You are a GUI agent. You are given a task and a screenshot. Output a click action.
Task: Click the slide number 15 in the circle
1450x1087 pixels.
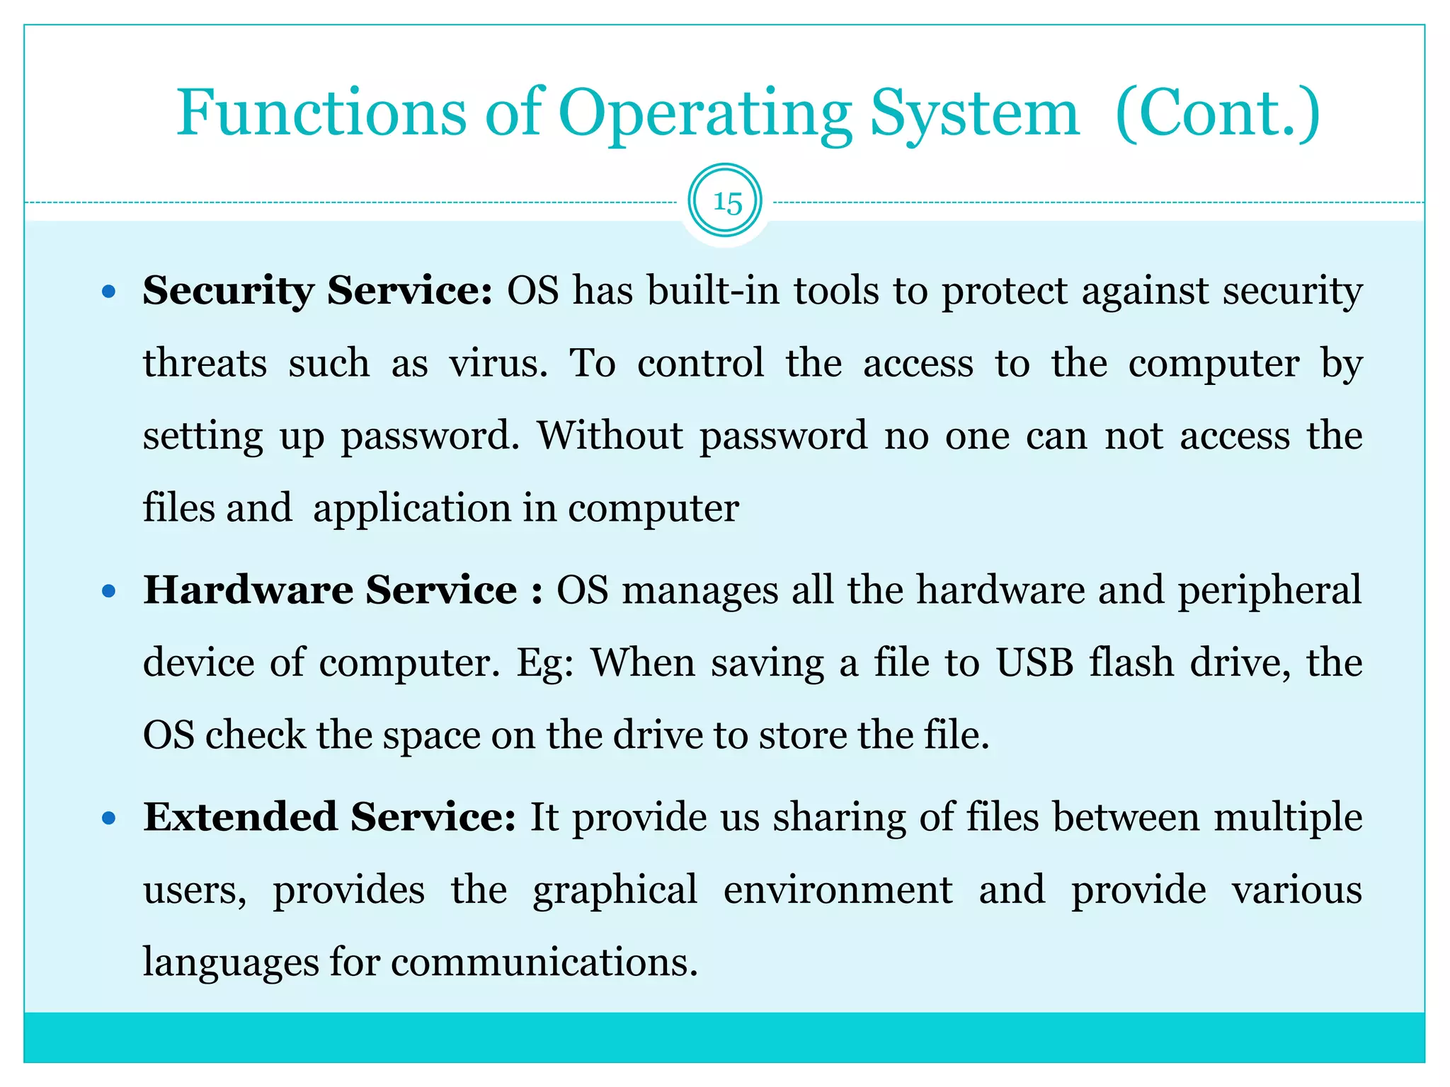[726, 203]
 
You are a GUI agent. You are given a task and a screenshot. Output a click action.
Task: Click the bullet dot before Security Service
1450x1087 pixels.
[108, 291]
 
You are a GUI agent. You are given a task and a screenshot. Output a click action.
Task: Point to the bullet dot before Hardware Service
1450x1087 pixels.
[108, 591]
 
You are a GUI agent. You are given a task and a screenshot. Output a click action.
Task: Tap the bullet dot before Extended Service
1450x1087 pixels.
[108, 819]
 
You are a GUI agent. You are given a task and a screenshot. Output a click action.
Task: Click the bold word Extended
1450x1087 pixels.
[240, 817]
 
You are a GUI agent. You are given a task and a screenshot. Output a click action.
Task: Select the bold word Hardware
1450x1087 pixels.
[248, 589]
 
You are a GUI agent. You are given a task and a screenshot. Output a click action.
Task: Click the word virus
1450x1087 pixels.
[498, 364]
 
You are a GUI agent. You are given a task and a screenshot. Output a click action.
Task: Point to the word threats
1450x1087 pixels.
[205, 364]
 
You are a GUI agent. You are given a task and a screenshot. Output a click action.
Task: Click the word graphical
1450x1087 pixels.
[615, 891]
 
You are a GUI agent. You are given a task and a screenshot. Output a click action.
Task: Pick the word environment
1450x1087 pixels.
[838, 890]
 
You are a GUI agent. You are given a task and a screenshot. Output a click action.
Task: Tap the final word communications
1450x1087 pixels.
[544, 962]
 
